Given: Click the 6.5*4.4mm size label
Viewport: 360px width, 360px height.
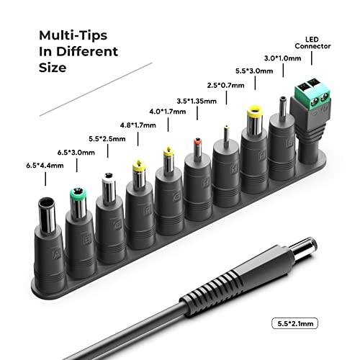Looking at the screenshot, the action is click(45, 166).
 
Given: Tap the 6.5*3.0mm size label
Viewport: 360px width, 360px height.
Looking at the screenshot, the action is click(76, 153).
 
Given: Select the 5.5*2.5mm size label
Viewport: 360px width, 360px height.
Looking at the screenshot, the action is click(107, 139).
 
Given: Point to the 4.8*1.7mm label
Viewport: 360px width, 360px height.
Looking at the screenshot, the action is click(138, 125).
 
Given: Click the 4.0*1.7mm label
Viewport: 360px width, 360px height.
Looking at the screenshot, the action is click(168, 112).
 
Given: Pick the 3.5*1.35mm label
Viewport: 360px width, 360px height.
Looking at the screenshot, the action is click(197, 101).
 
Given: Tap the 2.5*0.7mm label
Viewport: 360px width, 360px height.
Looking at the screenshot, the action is click(225, 85).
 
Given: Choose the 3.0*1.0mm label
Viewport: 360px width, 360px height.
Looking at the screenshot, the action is click(282, 58).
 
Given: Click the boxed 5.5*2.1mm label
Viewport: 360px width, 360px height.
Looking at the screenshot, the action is click(295, 323).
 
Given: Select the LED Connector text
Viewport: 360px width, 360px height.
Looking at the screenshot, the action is click(312, 42).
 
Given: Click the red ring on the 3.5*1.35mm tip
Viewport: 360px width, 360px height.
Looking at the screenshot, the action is click(197, 141).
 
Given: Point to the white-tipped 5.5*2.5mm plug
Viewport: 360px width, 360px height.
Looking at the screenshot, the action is click(109, 187).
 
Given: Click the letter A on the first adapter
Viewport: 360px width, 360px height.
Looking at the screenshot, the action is click(56, 253).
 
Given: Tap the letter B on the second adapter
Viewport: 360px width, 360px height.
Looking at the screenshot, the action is click(87, 239).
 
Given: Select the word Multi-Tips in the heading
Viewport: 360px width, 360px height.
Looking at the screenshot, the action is click(73, 35).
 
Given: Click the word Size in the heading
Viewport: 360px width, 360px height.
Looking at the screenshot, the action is click(53, 68).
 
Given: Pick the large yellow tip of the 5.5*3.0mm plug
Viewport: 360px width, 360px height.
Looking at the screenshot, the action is click(255, 112).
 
